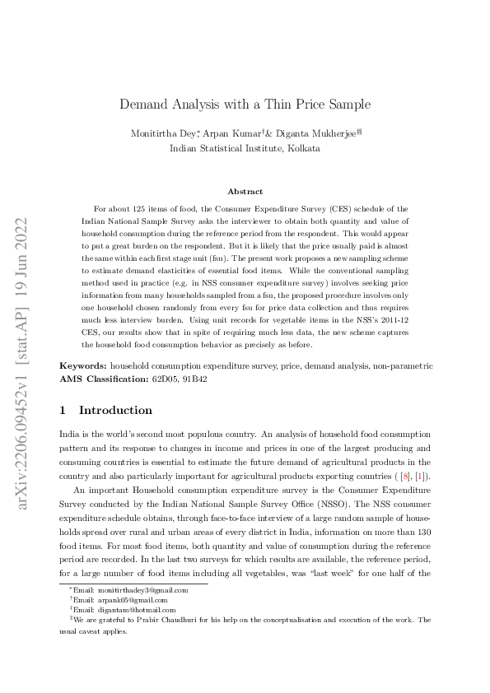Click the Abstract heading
(x=245, y=191)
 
